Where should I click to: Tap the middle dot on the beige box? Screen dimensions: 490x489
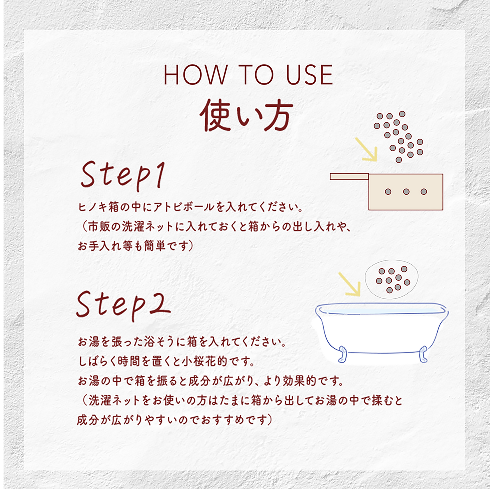pyautogui.click(x=406, y=191)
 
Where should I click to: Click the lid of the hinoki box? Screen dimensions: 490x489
pyautogui.click(x=349, y=177)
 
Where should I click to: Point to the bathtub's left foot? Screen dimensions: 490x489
pyautogui.click(x=342, y=354)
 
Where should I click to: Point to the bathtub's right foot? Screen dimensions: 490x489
pyautogui.click(x=423, y=354)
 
